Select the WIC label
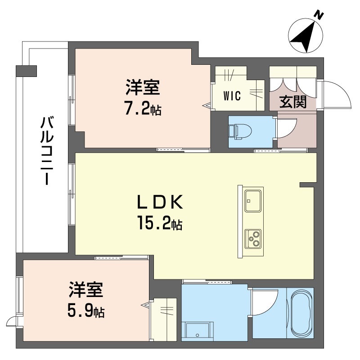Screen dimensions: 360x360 tap(232, 96)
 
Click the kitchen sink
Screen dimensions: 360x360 tap(253, 200)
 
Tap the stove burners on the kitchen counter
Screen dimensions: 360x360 tap(253, 238)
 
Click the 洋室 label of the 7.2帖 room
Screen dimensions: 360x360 tap(142, 88)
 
